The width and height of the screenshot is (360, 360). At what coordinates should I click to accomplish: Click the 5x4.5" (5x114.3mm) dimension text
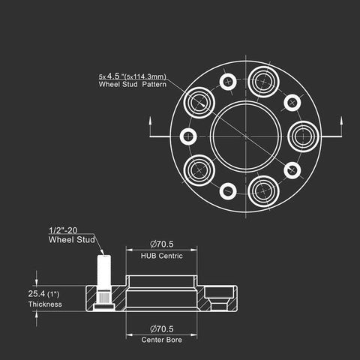[133, 76]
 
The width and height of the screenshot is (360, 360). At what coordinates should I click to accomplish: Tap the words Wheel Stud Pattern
[133, 84]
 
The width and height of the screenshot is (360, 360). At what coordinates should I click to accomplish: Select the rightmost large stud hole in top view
[303, 136]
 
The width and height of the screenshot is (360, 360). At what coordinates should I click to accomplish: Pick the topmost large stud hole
[264, 82]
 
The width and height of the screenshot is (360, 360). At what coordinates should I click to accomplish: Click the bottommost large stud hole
[264, 191]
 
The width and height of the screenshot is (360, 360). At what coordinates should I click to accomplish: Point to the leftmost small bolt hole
[188, 136]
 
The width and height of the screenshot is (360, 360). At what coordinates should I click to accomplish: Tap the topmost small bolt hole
[228, 82]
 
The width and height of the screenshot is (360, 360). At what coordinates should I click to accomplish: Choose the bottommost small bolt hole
[228, 191]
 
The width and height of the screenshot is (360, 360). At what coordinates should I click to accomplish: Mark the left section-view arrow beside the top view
[150, 127]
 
